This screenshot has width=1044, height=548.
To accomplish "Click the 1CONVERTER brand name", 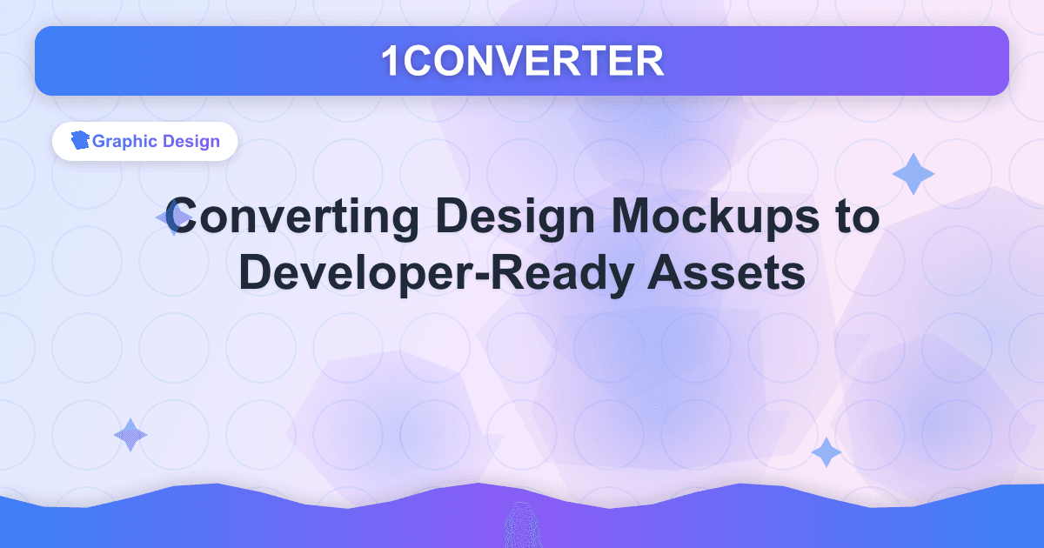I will pyautogui.click(x=522, y=61).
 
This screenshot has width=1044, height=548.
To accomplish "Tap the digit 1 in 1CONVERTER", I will pyautogui.click(x=391, y=61).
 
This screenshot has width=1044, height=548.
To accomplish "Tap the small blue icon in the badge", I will pyautogui.click(x=81, y=141).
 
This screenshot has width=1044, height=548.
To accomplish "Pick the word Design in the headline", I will pyautogui.click(x=488, y=217).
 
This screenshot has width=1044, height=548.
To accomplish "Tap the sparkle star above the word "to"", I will pyautogui.click(x=913, y=174).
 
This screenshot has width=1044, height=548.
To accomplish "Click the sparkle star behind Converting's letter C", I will pyautogui.click(x=169, y=218).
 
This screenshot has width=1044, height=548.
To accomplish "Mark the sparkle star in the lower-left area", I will pyautogui.click(x=130, y=435).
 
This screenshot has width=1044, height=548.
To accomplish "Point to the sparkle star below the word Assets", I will pyautogui.click(x=826, y=452).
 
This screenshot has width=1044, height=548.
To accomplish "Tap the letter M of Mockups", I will pyautogui.click(x=616, y=217).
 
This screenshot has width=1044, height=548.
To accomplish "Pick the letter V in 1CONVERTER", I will pyautogui.click(x=519, y=61).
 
